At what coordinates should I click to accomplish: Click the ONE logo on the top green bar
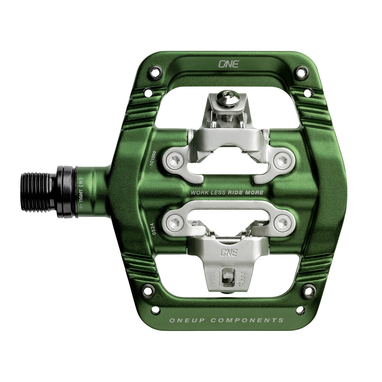228,64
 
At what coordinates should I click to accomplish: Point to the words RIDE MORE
245,192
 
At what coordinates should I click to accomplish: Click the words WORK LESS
208,192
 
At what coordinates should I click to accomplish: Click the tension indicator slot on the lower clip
226,277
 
